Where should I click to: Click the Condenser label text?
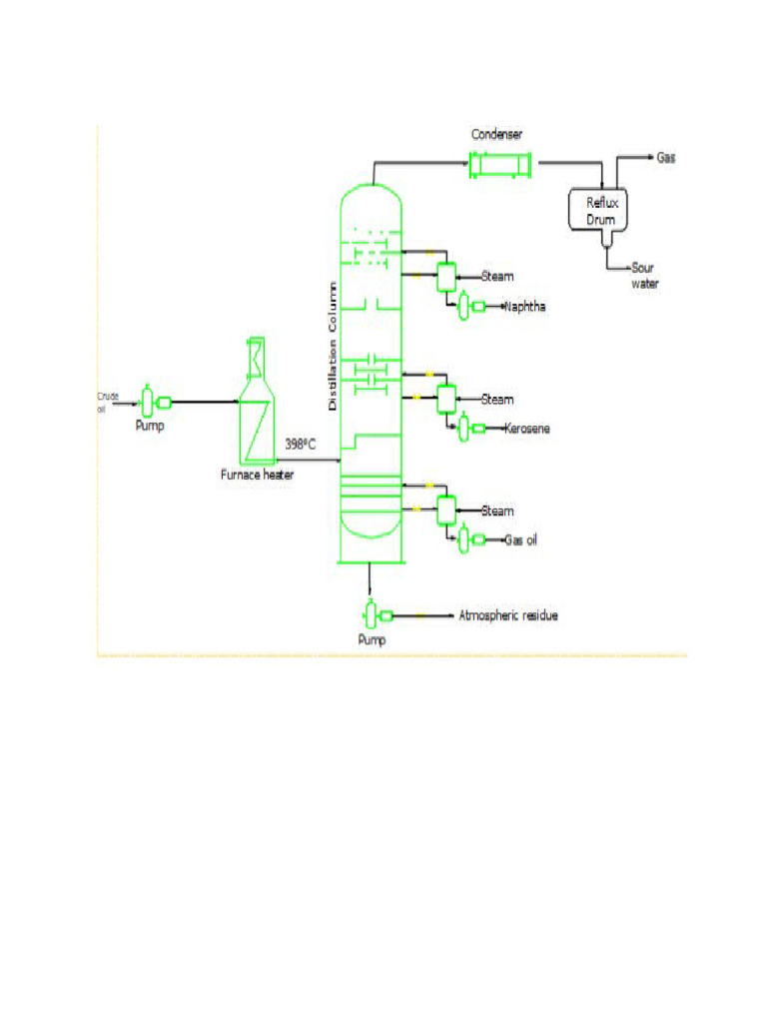point(497,134)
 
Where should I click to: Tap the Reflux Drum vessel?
point(602,210)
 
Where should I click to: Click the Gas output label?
point(666,158)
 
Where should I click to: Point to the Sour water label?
point(644,276)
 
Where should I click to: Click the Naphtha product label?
point(526,307)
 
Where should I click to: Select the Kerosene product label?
point(527,429)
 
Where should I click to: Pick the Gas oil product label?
point(524,540)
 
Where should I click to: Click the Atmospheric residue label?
point(507,615)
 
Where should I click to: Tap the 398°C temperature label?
point(300,444)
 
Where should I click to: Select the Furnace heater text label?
point(257,476)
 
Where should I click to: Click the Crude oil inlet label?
point(107,402)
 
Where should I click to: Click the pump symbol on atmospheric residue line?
point(372,614)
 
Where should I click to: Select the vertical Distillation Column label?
point(334,347)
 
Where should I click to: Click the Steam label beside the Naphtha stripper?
point(498,277)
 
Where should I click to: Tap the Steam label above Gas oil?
point(498,511)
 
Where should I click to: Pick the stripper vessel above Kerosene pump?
point(445,398)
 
